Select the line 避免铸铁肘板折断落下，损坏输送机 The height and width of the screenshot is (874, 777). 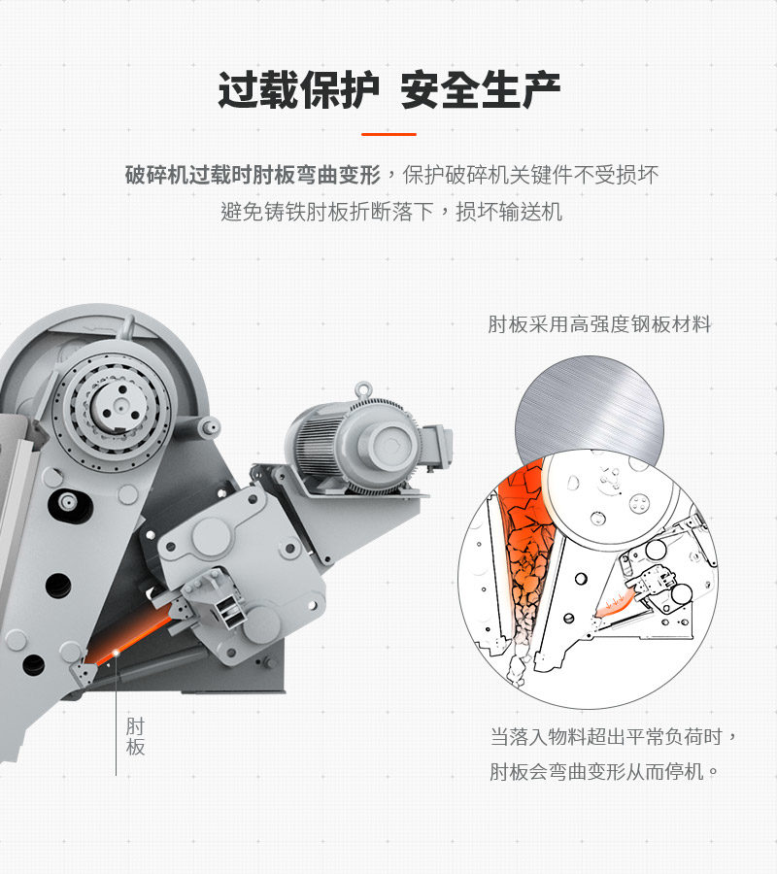391,211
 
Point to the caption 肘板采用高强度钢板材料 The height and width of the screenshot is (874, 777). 599,324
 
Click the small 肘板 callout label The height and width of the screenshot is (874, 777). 135,737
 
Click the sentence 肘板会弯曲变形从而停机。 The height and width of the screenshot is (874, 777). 604,773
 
